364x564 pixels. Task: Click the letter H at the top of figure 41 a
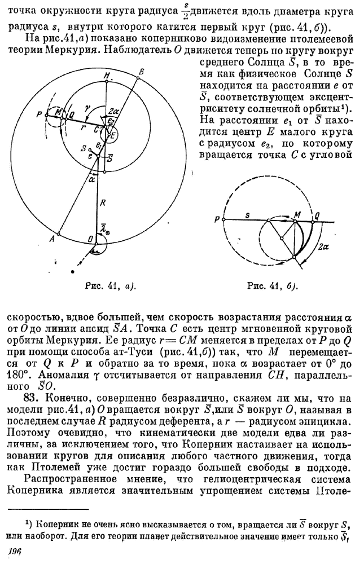106,76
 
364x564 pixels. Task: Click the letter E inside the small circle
112,135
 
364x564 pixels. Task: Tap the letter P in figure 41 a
39,114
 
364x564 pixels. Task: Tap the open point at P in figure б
223,221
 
